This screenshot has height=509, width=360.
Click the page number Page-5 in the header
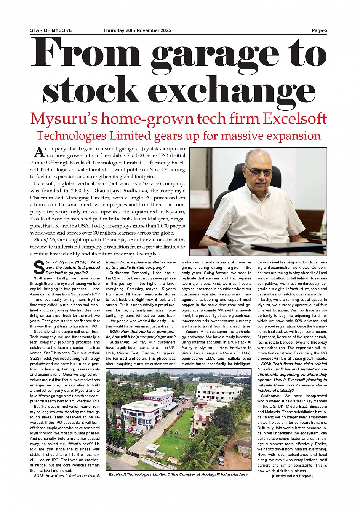pyautogui.click(x=319, y=30)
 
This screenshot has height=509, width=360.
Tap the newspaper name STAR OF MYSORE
pyautogui.click(x=51, y=30)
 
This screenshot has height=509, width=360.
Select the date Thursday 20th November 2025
pyautogui.click(x=137, y=30)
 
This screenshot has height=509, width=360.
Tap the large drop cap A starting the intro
pyautogui.click(x=39, y=152)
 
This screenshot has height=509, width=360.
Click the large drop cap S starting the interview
pyautogui.click(x=39, y=268)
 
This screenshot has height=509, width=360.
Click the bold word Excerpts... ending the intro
pyautogui.click(x=149, y=254)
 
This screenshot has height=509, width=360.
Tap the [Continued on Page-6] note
pyautogui.click(x=292, y=476)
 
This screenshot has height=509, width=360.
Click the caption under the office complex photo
pyautogui.click(x=179, y=474)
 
